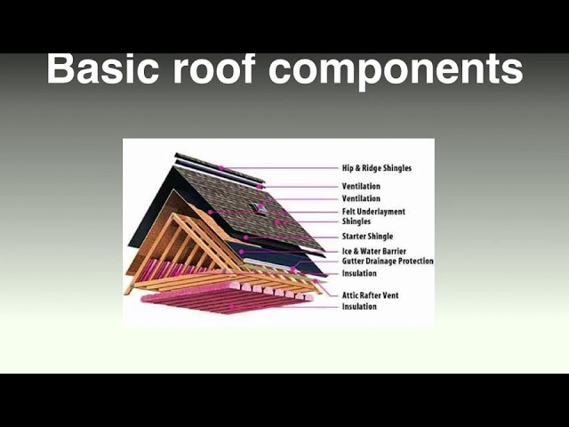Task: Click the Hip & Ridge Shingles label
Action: click(x=376, y=168)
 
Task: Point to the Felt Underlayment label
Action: click(x=373, y=212)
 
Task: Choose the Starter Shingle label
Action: click(x=368, y=237)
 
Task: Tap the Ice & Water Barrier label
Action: click(x=373, y=252)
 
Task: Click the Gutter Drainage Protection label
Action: click(x=388, y=262)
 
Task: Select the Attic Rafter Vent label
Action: click(x=372, y=294)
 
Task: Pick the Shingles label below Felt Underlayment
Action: click(x=357, y=222)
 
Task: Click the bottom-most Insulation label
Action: click(x=359, y=307)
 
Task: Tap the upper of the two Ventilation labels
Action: click(x=361, y=186)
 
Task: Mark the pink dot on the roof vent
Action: click(x=261, y=205)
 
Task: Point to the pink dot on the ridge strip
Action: click(x=220, y=167)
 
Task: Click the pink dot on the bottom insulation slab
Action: click(x=234, y=308)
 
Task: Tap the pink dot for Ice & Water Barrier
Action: click(x=241, y=252)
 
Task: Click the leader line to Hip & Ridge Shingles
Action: click(x=284, y=168)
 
